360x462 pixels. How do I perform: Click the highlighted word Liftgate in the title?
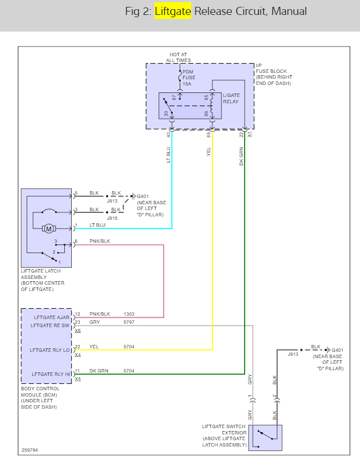(173, 11)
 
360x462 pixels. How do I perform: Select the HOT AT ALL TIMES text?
(178, 57)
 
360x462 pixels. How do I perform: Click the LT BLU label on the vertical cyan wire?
(169, 156)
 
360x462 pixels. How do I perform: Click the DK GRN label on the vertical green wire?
(242, 156)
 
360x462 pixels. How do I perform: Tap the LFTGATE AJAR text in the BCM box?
(52, 316)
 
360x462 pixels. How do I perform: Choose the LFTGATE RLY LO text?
(49, 350)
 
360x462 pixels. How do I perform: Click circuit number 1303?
(129, 315)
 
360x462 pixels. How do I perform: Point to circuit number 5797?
(129, 323)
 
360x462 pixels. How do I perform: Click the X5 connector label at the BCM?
(78, 379)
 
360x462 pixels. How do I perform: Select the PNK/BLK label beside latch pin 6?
(99, 242)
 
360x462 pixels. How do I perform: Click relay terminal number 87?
(174, 98)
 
